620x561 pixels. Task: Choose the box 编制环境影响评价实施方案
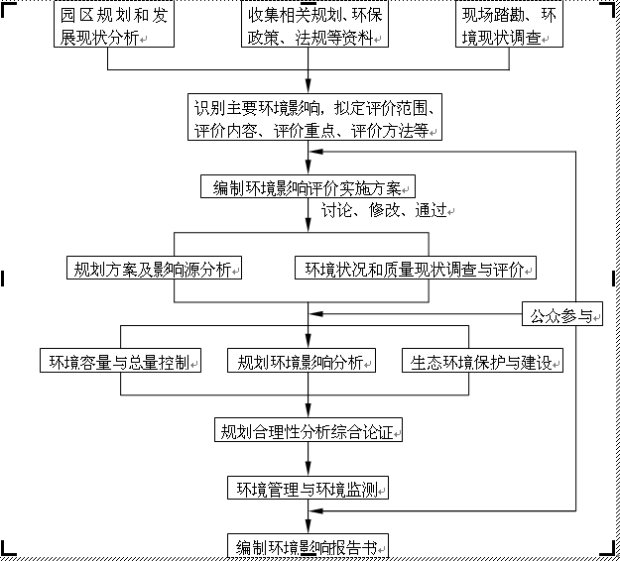(307, 186)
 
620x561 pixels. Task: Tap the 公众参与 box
(561, 316)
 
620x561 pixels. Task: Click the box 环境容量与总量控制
(120, 361)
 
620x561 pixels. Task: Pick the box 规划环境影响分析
(302, 361)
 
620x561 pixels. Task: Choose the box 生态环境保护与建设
(482, 361)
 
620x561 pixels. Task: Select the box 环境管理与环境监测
(308, 489)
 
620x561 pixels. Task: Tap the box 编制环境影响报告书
(308, 546)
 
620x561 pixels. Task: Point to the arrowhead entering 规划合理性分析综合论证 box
(309, 413)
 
